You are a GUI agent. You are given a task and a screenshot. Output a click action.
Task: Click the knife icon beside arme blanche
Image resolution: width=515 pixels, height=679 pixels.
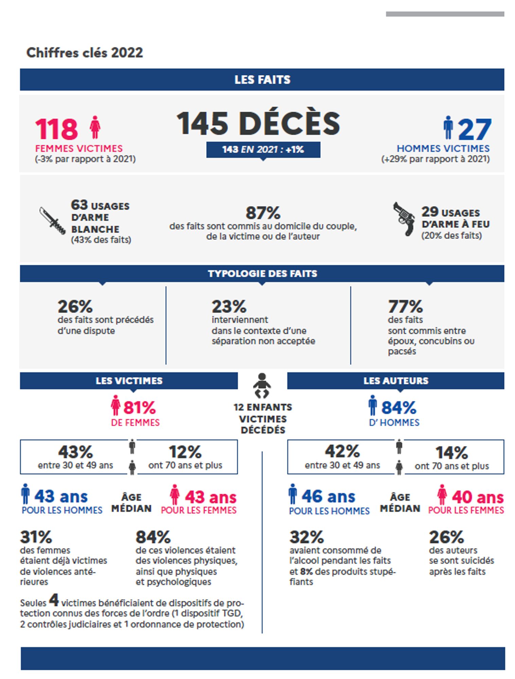click(52, 221)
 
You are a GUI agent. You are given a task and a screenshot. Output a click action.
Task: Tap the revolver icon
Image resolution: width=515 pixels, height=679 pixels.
click(404, 219)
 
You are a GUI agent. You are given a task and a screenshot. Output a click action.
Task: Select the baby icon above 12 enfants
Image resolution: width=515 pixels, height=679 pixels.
click(262, 385)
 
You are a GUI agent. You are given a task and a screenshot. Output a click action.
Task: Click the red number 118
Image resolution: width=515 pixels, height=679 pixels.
click(56, 129)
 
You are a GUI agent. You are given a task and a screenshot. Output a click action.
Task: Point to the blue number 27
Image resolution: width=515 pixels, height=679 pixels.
click(475, 129)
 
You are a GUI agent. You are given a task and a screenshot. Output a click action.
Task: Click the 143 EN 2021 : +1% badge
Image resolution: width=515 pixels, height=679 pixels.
click(263, 149)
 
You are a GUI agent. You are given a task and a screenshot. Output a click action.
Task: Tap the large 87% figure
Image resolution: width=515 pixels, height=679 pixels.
click(263, 213)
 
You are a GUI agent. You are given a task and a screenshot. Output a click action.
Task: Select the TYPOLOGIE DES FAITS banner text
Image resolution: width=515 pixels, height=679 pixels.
click(262, 274)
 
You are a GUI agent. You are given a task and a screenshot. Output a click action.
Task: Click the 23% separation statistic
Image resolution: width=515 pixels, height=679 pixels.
click(229, 307)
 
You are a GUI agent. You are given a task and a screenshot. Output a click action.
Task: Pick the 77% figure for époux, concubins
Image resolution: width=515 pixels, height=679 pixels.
click(405, 307)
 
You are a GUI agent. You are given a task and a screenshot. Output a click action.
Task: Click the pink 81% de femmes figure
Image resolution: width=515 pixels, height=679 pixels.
click(139, 408)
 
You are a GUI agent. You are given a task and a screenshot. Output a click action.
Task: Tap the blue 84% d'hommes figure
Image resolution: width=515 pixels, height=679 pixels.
click(398, 408)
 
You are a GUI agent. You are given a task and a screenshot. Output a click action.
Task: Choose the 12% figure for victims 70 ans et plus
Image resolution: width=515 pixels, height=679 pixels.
click(185, 452)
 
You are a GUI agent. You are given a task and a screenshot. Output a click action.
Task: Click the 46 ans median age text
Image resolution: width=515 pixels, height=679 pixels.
click(328, 496)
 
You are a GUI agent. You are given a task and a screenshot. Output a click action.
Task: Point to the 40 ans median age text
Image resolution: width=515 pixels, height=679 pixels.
click(477, 497)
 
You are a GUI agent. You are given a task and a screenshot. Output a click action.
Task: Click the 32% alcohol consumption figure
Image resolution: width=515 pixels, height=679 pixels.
click(306, 537)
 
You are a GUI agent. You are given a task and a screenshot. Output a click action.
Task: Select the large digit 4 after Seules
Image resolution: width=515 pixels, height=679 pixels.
click(54, 600)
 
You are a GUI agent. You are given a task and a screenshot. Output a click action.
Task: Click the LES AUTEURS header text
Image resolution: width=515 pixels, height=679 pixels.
click(396, 381)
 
